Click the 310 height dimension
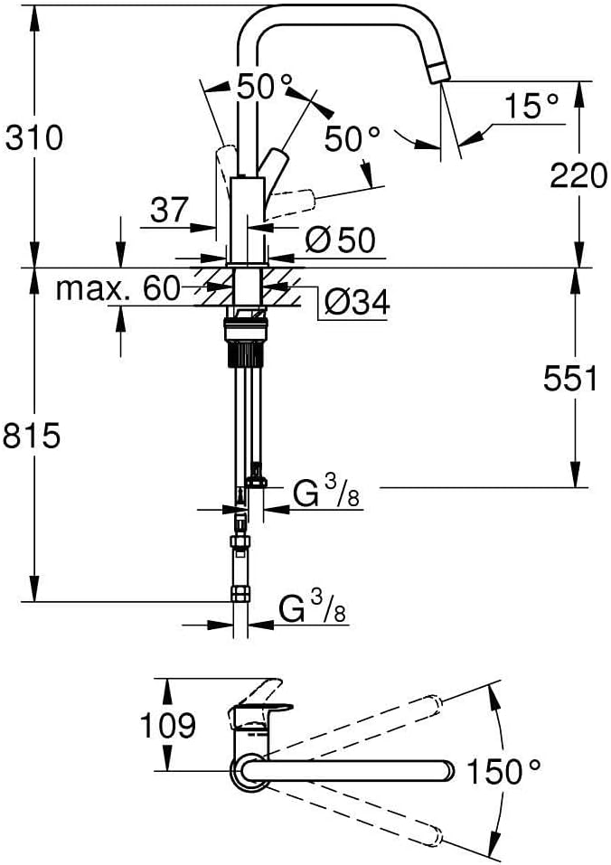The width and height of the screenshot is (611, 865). (x=34, y=137)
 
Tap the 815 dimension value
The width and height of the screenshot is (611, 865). (x=32, y=437)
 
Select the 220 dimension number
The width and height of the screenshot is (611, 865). (x=578, y=176)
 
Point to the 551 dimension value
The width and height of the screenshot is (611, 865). (x=570, y=379)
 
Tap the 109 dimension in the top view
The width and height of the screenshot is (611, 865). (x=167, y=724)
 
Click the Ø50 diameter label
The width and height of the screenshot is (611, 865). (x=340, y=240)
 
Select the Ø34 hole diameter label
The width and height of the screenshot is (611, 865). (x=357, y=302)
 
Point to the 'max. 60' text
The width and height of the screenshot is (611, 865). (x=118, y=288)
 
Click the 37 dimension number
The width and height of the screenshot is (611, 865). (x=169, y=210)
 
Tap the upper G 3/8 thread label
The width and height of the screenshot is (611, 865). (x=326, y=492)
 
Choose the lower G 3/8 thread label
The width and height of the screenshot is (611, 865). (x=312, y=606)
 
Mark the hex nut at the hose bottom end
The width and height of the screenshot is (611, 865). (x=240, y=594)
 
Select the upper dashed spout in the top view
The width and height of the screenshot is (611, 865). (x=352, y=723)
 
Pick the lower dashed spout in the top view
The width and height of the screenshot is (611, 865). (x=352, y=815)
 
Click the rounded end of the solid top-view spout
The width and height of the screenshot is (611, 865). (x=446, y=771)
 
